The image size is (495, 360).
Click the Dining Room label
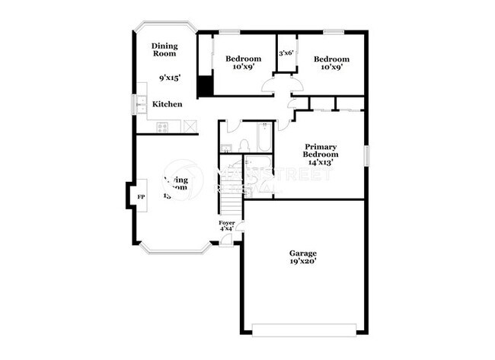point(164,49)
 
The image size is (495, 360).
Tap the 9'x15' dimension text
point(169,78)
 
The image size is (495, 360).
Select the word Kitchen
point(167,104)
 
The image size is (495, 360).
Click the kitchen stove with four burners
point(163,126)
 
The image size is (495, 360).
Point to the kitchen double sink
point(142,104)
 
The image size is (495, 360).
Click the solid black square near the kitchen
point(205,87)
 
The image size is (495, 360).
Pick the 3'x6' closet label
point(286,53)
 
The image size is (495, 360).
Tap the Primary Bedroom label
point(321,151)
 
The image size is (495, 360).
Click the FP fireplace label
point(140,197)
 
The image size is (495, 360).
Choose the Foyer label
point(227,222)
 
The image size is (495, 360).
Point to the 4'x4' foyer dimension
point(227,229)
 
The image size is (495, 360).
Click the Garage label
point(302,253)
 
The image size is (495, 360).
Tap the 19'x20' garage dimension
point(302,261)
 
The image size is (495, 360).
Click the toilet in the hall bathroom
point(244,145)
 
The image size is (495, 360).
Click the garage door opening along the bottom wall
point(303,330)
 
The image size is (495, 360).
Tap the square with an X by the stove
point(189,126)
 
